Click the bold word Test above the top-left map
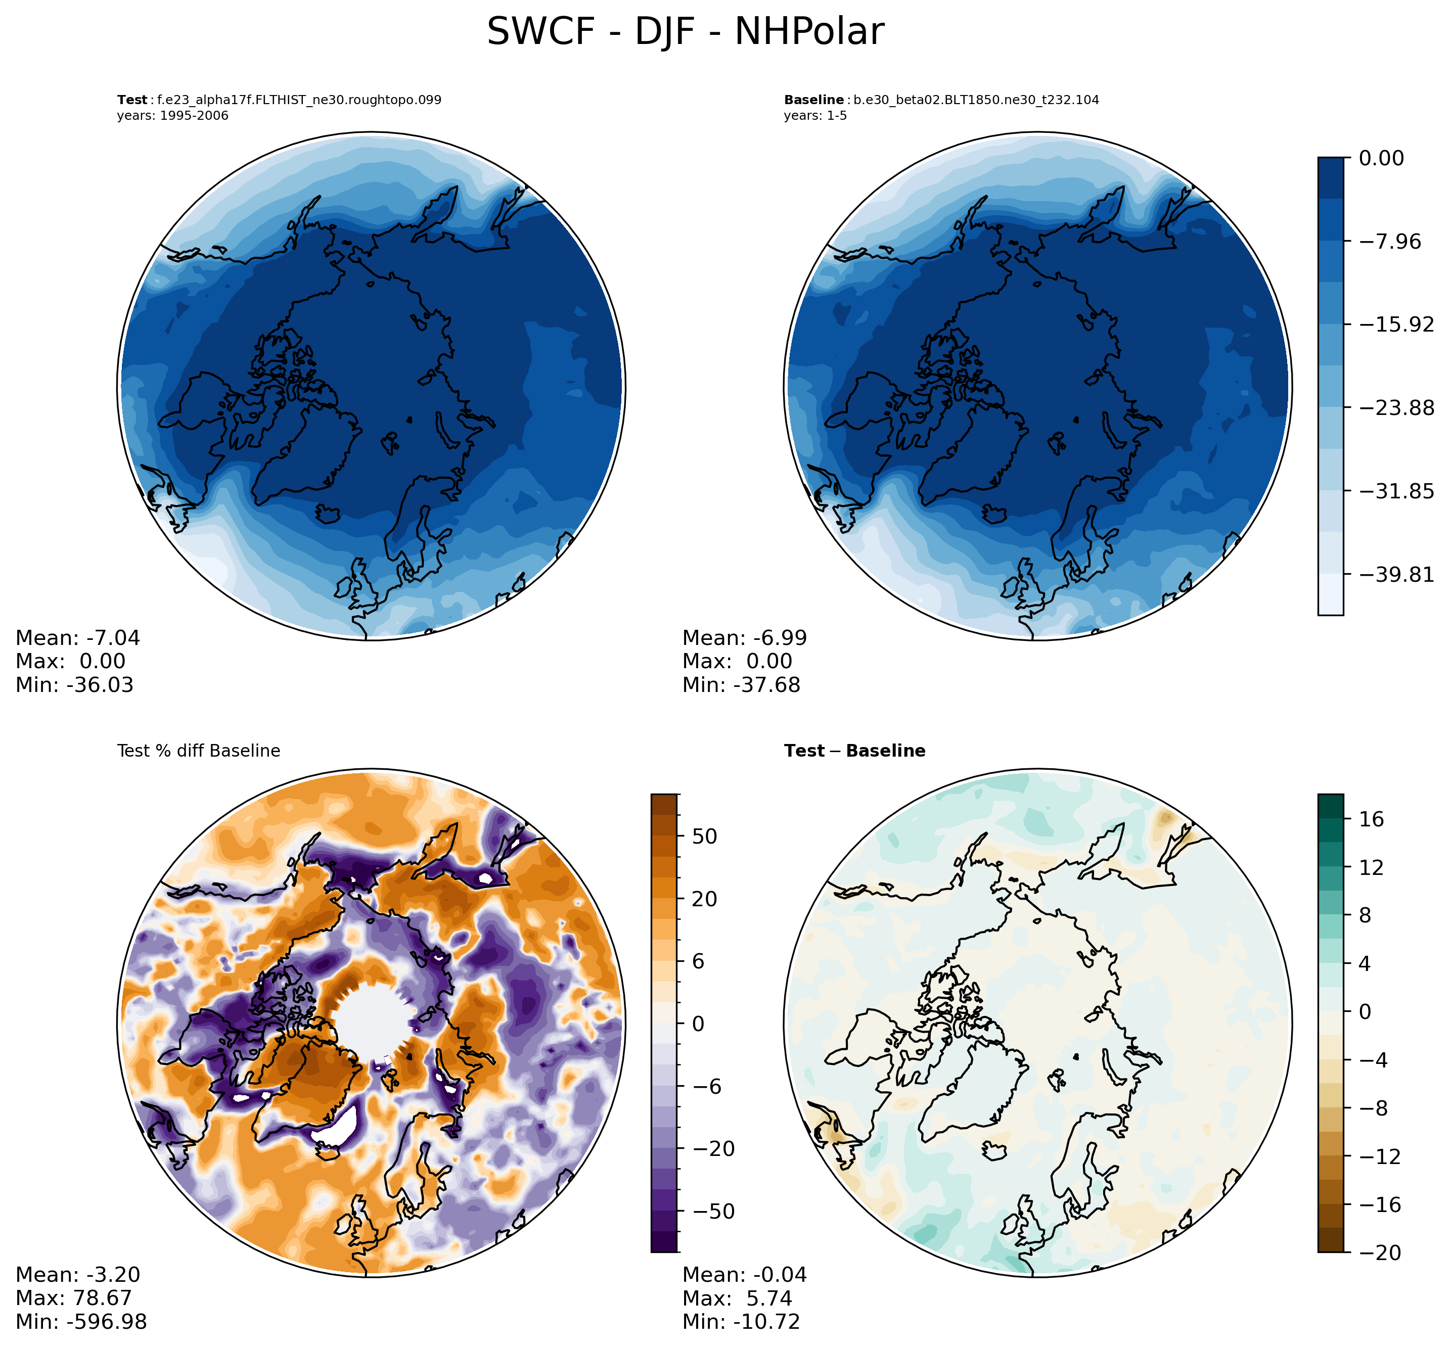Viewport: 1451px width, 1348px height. pyautogui.click(x=132, y=100)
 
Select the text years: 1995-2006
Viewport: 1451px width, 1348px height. pyautogui.click(x=172, y=116)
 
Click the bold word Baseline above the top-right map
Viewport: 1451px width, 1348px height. pyautogui.click(x=813, y=100)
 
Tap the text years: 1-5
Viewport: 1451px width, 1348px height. pyautogui.click(x=815, y=116)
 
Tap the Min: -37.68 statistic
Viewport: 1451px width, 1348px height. pyautogui.click(x=741, y=684)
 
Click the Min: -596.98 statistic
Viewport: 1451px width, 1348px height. pyautogui.click(x=81, y=1321)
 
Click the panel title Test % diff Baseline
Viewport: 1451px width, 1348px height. pyautogui.click(x=198, y=751)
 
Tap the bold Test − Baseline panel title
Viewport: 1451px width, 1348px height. pyautogui.click(x=854, y=751)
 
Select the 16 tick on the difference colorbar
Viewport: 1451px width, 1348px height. pyautogui.click(x=1372, y=819)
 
